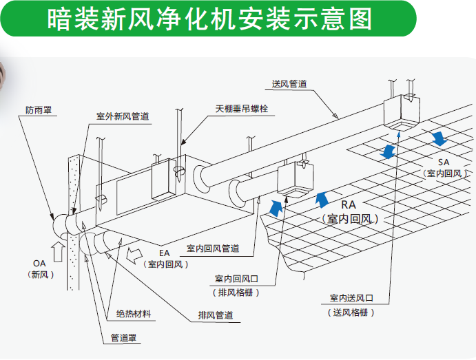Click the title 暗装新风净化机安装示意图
[x=210, y=19]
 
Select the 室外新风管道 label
[x=123, y=116]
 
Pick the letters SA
[x=443, y=161]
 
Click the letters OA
[x=39, y=264]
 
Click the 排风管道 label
[x=214, y=315]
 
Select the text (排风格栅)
[x=236, y=292]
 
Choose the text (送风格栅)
[x=351, y=312]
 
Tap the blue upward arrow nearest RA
[x=320, y=200]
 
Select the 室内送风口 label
[x=351, y=298]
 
